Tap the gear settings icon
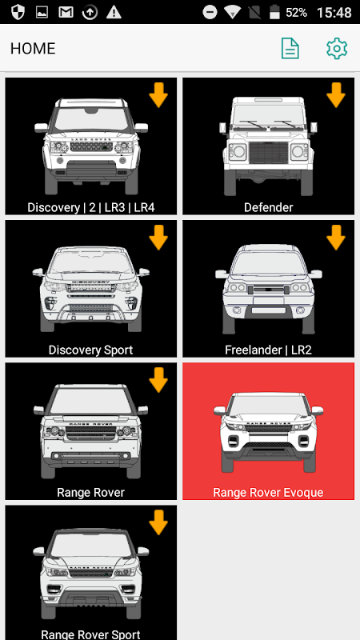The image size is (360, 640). pyautogui.click(x=337, y=49)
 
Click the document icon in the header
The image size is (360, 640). pyautogui.click(x=290, y=49)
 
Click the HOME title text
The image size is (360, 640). pyautogui.click(x=33, y=49)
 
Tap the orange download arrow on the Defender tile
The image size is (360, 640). pyautogui.click(x=336, y=94)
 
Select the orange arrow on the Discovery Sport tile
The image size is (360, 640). pyautogui.click(x=158, y=238)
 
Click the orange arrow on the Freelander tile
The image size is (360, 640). pyautogui.click(x=336, y=238)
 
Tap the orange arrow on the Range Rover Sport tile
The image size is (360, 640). pyautogui.click(x=158, y=522)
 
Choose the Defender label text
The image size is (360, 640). pyautogui.click(x=269, y=207)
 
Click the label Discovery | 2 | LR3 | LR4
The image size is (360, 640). pyautogui.click(x=91, y=207)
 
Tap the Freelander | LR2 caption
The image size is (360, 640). pyautogui.click(x=268, y=350)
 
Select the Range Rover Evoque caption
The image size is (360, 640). pyautogui.click(x=268, y=492)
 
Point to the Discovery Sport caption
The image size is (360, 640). pyautogui.click(x=90, y=350)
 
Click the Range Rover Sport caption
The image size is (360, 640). pyautogui.click(x=90, y=634)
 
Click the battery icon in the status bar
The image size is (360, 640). pyautogui.click(x=274, y=12)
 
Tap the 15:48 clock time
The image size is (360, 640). pyautogui.click(x=334, y=12)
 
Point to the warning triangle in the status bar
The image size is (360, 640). pyautogui.click(x=114, y=12)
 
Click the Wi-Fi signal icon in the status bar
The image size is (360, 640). pyautogui.click(x=232, y=12)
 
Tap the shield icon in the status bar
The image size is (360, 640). pyautogui.click(x=18, y=12)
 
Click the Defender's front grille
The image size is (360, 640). pyautogui.click(x=269, y=153)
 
